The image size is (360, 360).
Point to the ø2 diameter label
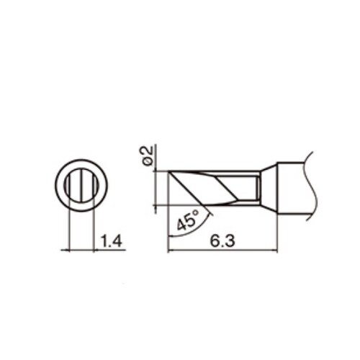(147, 156)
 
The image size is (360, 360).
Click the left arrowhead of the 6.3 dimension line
(171, 251)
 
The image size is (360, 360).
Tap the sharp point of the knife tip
(168, 171)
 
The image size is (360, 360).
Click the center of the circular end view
(81, 185)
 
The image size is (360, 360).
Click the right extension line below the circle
(94, 230)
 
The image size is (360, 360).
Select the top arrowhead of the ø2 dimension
(156, 168)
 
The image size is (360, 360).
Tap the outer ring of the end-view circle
(55, 185)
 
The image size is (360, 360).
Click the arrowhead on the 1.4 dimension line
(98, 251)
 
